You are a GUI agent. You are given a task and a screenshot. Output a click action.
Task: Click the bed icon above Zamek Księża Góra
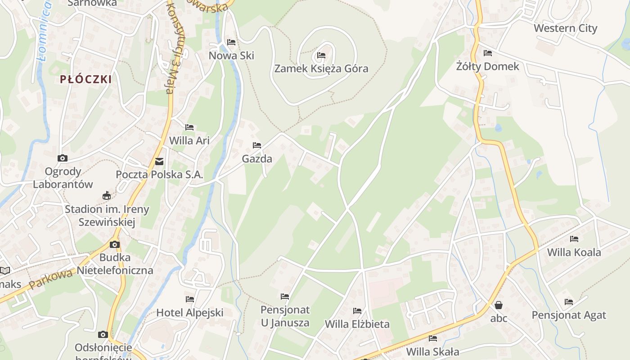(x=321, y=55)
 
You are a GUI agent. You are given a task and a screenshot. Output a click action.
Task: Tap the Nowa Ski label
(x=231, y=55)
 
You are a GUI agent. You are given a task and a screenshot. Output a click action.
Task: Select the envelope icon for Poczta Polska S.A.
(x=159, y=162)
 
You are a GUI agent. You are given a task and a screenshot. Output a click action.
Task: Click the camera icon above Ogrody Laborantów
(x=63, y=158)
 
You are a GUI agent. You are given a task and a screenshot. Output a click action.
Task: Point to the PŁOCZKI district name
(x=86, y=80)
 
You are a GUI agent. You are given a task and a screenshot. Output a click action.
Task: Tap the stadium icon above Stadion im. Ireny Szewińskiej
(x=107, y=195)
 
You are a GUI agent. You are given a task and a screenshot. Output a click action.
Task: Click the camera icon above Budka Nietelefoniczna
(x=115, y=244)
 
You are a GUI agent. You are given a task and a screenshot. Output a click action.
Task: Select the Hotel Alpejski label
(x=190, y=312)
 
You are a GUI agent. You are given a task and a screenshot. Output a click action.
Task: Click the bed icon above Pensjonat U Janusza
(x=285, y=296)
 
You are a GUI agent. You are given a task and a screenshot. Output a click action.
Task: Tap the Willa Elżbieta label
(x=357, y=324)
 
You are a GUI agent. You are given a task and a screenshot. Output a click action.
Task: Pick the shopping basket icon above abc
(x=499, y=305)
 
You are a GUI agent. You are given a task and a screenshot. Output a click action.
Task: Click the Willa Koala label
(x=574, y=252)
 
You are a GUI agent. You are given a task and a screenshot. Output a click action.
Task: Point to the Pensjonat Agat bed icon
(x=569, y=301)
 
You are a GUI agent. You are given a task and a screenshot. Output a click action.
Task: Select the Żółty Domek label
(x=488, y=67)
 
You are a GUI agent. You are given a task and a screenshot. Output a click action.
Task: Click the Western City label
(x=565, y=28)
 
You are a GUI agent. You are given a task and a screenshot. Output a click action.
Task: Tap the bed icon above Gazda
(x=257, y=145)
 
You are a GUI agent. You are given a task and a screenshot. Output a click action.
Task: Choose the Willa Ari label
(x=189, y=140)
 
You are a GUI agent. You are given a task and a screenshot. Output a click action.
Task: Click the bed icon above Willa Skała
(x=433, y=338)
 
